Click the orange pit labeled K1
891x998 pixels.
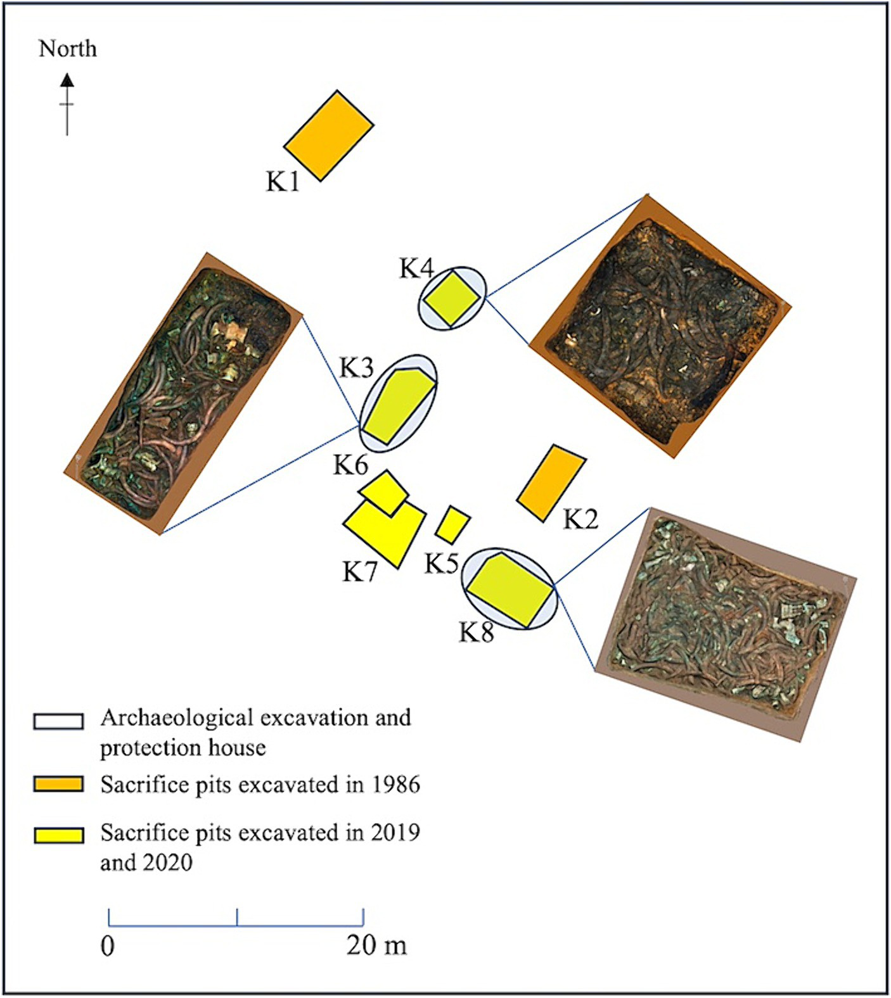coord(328,136)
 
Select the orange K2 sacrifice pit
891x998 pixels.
coord(551,483)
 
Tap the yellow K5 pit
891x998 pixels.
coord(453,525)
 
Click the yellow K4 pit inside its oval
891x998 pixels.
coord(451,298)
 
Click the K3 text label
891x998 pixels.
coord(357,368)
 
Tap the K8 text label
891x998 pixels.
coord(476,631)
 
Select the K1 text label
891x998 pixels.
coord(283,182)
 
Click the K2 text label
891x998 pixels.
coord(580,519)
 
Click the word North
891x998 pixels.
coord(68,49)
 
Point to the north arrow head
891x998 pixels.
coord(67,80)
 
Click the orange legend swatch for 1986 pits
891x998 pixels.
coord(58,784)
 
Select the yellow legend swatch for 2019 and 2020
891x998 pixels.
coord(58,835)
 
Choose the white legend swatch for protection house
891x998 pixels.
coord(58,721)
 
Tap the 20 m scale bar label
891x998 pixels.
coord(376,945)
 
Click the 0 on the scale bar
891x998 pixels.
coord(108,945)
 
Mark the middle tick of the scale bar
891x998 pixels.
coord(237,918)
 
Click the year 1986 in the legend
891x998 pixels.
coord(395,784)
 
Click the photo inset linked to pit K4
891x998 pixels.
coord(660,326)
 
